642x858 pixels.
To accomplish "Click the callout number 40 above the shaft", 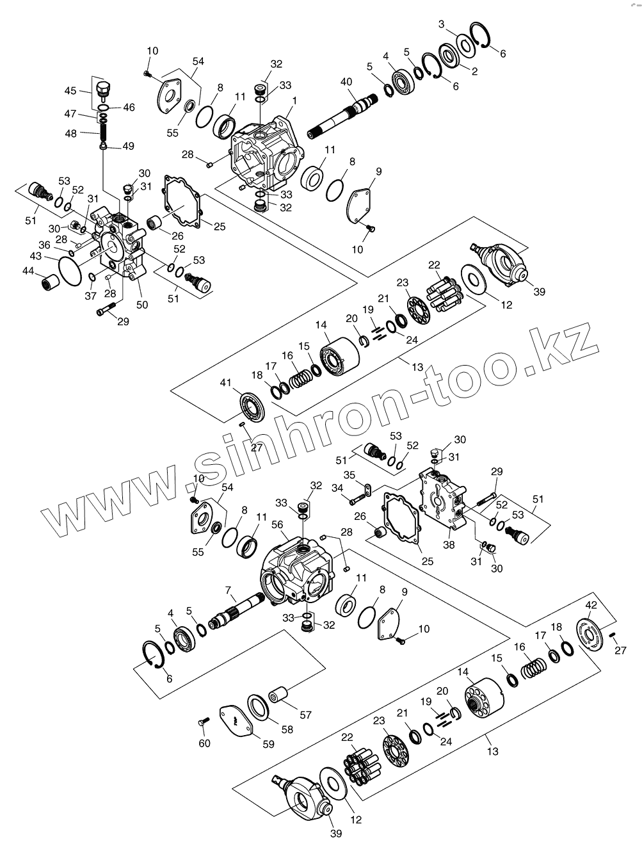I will (346, 82).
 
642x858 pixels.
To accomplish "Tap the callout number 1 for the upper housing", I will (294, 100).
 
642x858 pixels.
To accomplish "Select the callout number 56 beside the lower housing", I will (277, 524).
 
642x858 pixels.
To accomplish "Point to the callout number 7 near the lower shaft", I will (227, 589).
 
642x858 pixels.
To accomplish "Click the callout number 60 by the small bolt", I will (204, 743).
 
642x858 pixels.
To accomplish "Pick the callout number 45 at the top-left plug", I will (70, 91).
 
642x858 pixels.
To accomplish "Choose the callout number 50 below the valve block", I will (141, 305).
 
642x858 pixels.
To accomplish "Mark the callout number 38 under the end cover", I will (449, 546).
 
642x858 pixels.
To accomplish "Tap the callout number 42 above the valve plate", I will (591, 605).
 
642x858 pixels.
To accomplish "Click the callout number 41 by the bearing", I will (225, 383).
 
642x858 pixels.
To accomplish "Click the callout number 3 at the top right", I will (442, 24).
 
